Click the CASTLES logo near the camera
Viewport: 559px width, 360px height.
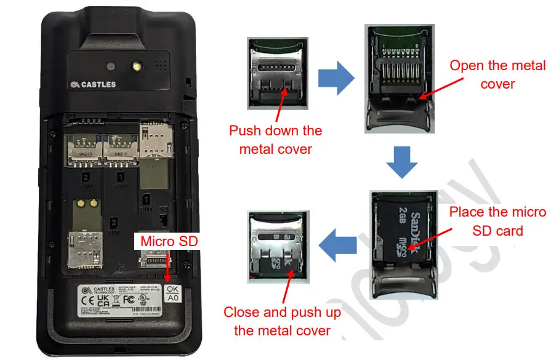pos(93,84)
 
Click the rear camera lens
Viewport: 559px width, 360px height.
pos(110,66)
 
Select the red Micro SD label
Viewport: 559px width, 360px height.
pos(169,241)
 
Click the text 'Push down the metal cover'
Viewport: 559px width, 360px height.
pos(276,140)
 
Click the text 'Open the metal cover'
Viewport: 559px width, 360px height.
pos(497,74)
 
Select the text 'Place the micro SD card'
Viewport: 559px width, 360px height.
pos(497,221)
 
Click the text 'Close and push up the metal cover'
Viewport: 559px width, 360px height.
pos(282,321)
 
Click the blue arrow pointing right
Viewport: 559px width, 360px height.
pos(336,78)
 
